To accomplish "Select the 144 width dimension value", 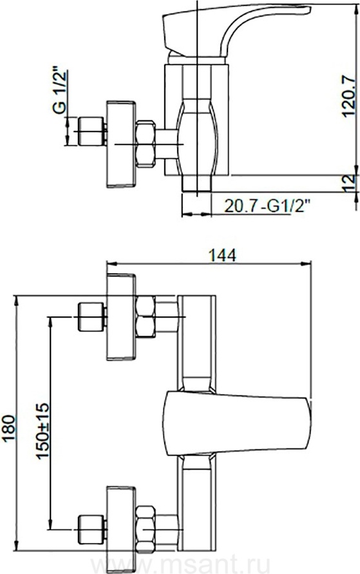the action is click(x=222, y=255).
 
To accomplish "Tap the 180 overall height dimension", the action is click(x=9, y=428).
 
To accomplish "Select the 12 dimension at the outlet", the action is click(x=350, y=182).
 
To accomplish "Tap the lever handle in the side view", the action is click(x=234, y=29).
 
